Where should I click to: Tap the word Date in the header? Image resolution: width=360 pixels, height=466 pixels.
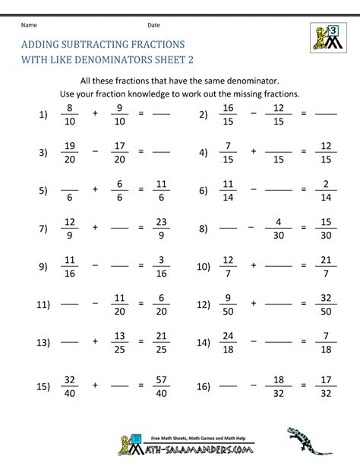(x=153, y=25)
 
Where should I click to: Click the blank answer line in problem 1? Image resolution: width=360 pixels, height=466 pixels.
(x=160, y=116)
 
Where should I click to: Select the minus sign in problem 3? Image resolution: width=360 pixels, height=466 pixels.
(x=96, y=152)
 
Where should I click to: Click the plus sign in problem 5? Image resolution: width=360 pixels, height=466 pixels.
(x=96, y=189)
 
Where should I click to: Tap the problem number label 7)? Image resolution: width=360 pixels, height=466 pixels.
(x=43, y=227)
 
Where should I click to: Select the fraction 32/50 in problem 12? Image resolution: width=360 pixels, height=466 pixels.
(x=326, y=304)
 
